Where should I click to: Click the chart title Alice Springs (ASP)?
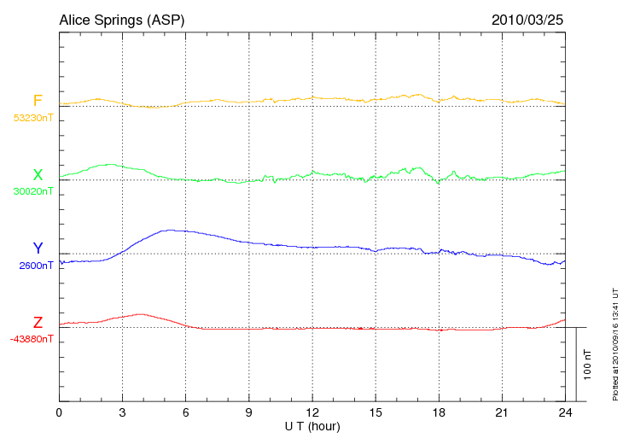point(121,19)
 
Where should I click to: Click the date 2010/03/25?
point(528,19)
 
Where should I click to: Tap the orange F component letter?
point(38,101)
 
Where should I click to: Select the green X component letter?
point(38,175)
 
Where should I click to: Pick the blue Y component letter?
point(38,248)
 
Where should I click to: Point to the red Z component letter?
point(38,323)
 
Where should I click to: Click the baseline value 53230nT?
point(32,118)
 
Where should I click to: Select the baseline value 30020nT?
point(32,191)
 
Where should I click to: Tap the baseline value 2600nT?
point(36,266)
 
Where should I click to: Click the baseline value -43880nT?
point(32,339)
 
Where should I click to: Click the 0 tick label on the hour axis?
point(59,413)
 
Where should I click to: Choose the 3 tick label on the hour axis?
point(122,413)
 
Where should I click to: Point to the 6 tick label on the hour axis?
point(186,413)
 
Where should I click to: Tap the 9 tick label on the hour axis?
point(249,413)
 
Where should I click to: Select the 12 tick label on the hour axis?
point(312,413)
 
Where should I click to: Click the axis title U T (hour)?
point(312,425)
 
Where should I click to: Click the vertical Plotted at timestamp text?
point(614,342)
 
